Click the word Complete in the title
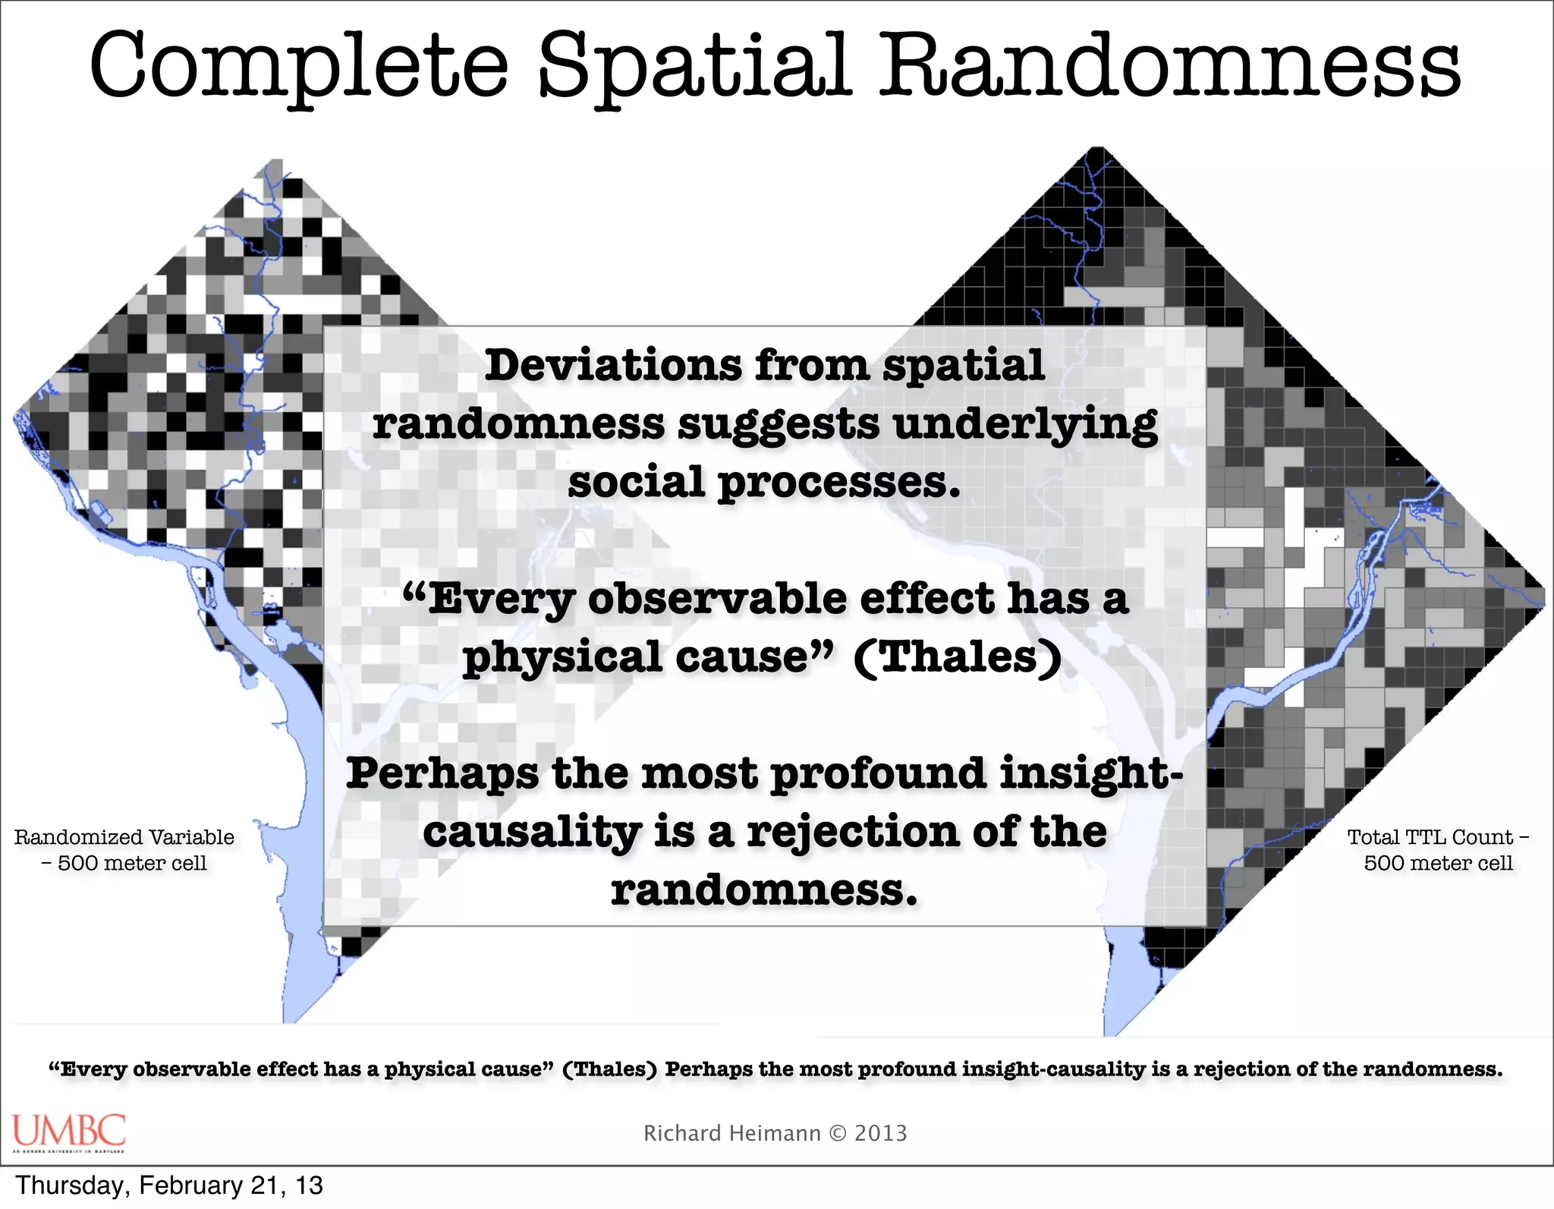pos(298,67)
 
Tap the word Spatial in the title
pos(694,67)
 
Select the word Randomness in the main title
pos(1169,67)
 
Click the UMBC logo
pos(68,1132)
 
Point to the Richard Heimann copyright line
pos(775,1133)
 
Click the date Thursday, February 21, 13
pos(169,1185)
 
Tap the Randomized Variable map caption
pos(124,850)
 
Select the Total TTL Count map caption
pos(1438,850)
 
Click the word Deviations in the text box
pos(613,366)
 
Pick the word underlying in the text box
pos(1025,425)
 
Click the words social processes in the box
pos(764,483)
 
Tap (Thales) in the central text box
pos(958,657)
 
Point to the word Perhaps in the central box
pos(443,773)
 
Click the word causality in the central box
pos(532,832)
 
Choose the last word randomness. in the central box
pos(764,889)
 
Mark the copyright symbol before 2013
pos(837,1133)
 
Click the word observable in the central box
pos(717,600)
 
